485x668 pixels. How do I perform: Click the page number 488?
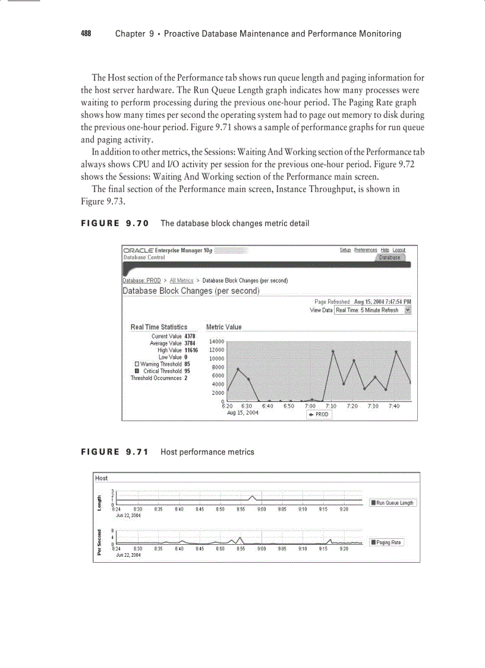86,34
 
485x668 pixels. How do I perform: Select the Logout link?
399,250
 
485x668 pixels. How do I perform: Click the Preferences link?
366,250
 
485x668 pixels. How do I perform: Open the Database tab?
390,258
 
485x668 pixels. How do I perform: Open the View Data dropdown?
373,310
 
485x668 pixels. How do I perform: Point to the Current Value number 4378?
190,337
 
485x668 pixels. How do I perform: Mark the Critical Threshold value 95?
187,371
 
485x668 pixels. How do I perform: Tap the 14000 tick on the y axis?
215,341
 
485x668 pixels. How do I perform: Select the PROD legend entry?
319,415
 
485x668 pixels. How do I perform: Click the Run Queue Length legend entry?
392,503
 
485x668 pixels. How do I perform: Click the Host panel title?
102,478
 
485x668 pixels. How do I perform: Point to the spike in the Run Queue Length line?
253,496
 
